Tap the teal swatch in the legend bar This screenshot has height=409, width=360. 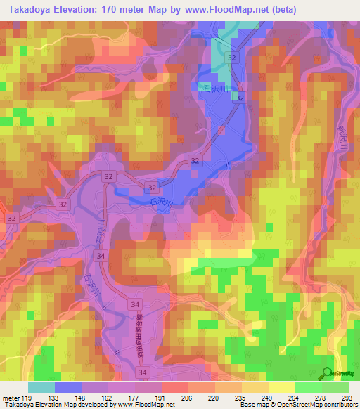(41, 387)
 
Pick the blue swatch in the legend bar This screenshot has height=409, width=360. (68, 387)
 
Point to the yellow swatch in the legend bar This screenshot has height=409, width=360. (282, 387)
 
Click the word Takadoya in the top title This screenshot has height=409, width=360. (28, 9)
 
